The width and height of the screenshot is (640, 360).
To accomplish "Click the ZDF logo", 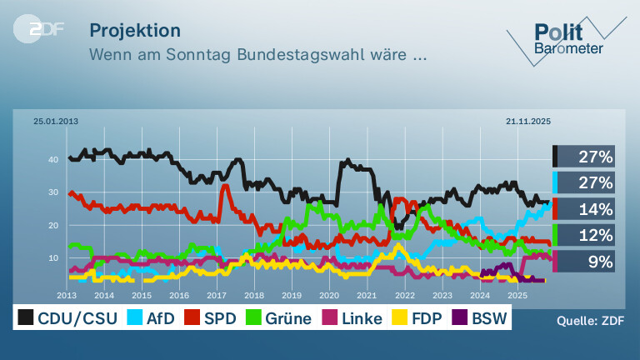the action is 39,29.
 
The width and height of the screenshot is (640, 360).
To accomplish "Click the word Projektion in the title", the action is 135,31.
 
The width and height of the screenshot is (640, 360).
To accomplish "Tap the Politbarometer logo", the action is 567,40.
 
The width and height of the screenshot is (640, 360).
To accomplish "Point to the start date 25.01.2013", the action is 56,121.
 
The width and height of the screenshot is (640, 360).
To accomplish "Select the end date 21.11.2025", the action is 528,121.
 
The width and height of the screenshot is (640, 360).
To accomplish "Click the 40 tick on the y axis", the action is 53,160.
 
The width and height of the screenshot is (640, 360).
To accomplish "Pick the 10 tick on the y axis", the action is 53,258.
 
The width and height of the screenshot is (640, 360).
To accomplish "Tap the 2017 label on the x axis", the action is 217,295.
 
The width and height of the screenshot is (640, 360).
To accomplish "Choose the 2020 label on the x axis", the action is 329,295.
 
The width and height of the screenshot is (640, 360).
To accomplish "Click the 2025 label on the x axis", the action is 517,295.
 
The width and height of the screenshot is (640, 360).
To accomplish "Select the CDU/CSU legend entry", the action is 67,317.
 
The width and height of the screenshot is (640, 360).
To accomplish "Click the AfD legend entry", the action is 151,317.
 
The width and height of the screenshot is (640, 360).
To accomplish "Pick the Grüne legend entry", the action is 279,317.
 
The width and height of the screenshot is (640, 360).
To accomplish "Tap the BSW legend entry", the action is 480,317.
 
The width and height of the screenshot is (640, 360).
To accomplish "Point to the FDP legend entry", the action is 417,317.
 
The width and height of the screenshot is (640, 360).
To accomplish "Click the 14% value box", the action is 583,209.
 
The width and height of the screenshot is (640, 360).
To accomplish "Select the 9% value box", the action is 583,261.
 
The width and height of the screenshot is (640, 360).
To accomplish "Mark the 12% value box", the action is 583,235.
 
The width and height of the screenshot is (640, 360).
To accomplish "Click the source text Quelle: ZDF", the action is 590,321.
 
